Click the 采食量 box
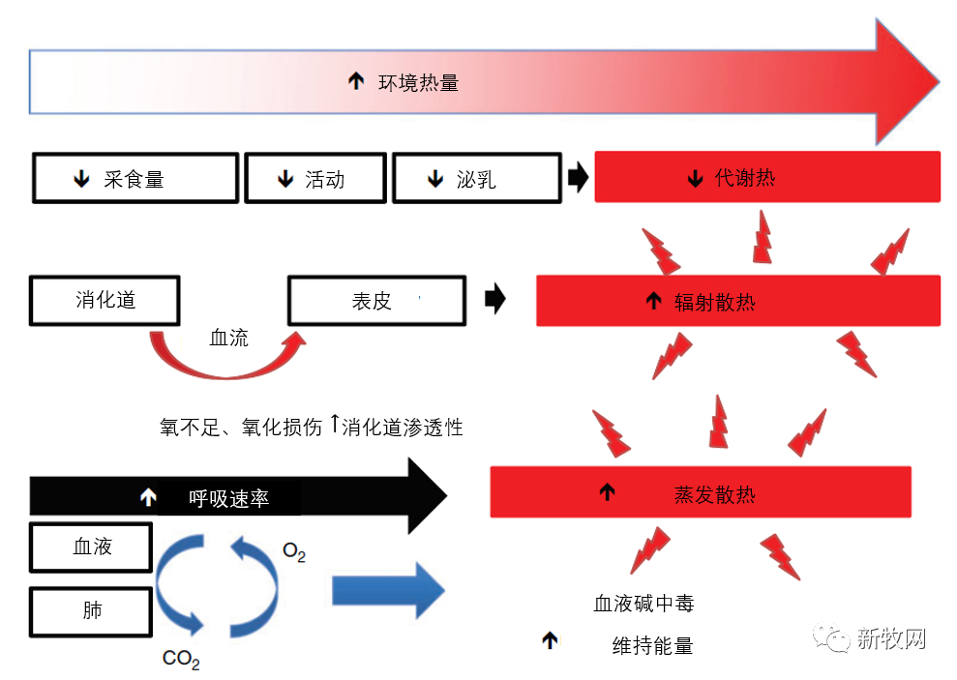pyautogui.click(x=135, y=178)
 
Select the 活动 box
pyautogui.click(x=315, y=178)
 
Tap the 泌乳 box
pyautogui.click(x=477, y=178)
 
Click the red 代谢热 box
pyautogui.click(x=767, y=177)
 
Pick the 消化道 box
pyautogui.click(x=105, y=301)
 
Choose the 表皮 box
pyautogui.click(x=377, y=301)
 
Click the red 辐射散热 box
pyautogui.click(x=738, y=301)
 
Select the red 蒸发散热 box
pyautogui.click(x=701, y=492)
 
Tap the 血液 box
pyautogui.click(x=91, y=547)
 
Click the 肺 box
pyautogui.click(x=91, y=611)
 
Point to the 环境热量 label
pyautogui.click(x=418, y=82)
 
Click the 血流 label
pyautogui.click(x=229, y=338)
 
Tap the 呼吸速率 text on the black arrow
pyautogui.click(x=229, y=498)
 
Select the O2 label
pyautogui.click(x=294, y=551)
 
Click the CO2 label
pyautogui.click(x=181, y=659)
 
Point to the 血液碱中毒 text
pyautogui.click(x=643, y=604)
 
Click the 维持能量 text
pyautogui.click(x=652, y=645)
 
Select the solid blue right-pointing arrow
pyautogui.click(x=388, y=591)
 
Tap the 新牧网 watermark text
pyautogui.click(x=892, y=638)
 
